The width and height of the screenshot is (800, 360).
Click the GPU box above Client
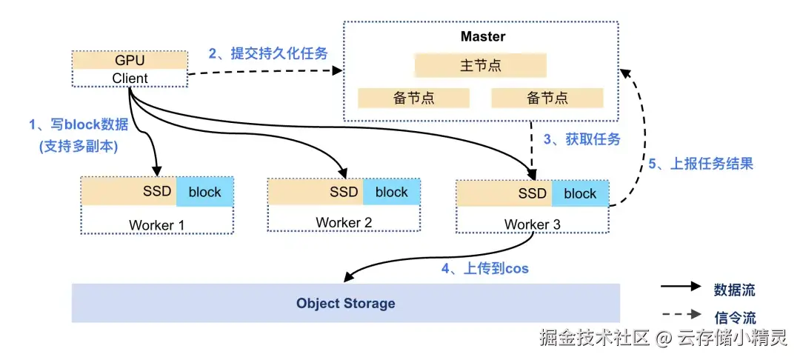pos(130,60)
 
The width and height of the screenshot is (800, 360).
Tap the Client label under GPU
pos(130,78)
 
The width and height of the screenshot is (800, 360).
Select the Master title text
pos(482,36)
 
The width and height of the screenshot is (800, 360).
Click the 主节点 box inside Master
pos(480,65)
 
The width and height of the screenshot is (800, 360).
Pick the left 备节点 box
pos(413,98)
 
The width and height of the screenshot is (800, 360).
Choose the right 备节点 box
pos(547,98)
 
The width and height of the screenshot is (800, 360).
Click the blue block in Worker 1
pos(204,192)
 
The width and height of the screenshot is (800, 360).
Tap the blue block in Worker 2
pos(391,192)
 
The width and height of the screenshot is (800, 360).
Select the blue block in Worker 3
pos(579,193)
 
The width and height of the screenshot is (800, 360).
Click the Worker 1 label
pos(156,224)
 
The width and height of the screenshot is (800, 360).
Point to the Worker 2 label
pos(343,222)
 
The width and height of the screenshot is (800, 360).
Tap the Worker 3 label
pos(532,224)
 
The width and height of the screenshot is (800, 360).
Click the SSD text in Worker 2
pos(344,192)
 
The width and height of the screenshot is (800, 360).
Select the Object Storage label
pos(345,303)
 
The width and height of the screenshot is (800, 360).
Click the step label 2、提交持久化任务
pos(267,53)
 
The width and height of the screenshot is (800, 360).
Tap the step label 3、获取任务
pos(581,139)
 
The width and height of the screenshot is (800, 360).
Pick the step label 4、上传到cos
pos(485,268)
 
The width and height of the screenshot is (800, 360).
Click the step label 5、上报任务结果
pos(701,164)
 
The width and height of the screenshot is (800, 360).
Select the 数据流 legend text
pos(734,290)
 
